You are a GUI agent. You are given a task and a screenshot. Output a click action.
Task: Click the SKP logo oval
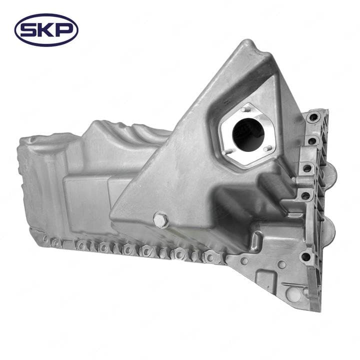(x=46, y=30)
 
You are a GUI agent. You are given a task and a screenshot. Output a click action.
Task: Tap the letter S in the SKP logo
(x=29, y=30)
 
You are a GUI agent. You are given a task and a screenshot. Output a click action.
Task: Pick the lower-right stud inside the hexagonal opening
(x=268, y=147)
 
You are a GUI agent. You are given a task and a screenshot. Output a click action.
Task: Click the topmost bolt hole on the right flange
(x=313, y=118)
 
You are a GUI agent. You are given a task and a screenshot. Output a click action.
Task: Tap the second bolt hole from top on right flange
(x=311, y=141)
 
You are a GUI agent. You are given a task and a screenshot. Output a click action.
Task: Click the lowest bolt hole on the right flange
(x=305, y=256)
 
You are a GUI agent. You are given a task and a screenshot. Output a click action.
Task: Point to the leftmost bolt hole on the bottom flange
(x=45, y=239)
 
